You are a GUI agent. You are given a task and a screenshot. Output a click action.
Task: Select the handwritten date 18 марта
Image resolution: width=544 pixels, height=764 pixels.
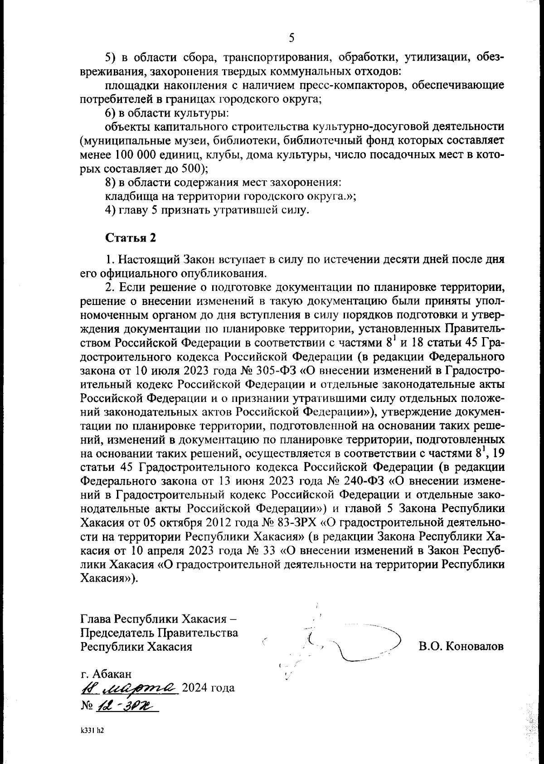point(129,688)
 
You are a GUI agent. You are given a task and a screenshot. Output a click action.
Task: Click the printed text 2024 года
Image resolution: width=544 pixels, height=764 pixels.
point(208,689)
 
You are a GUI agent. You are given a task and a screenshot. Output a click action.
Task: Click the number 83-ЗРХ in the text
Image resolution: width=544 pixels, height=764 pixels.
point(295,522)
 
